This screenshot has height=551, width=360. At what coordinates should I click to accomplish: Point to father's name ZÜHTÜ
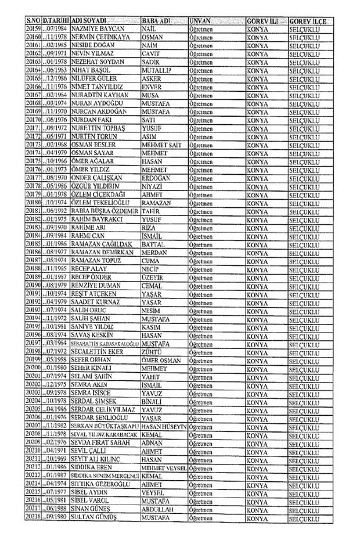[153, 352]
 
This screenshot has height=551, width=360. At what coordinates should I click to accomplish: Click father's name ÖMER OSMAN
[163, 360]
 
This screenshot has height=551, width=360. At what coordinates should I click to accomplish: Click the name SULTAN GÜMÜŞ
[95, 516]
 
